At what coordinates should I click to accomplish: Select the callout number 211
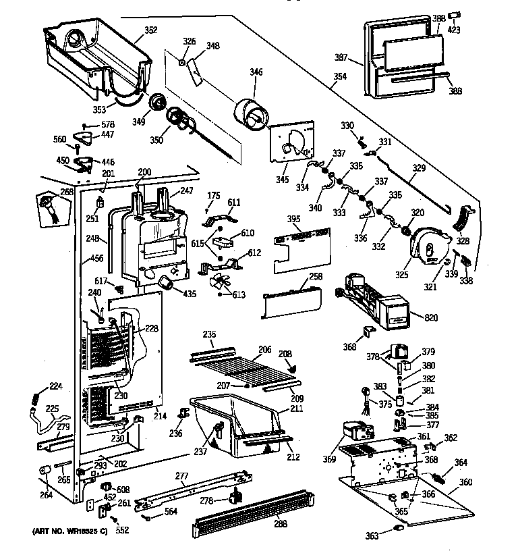coord(295,409)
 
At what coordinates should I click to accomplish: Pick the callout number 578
coord(109,124)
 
